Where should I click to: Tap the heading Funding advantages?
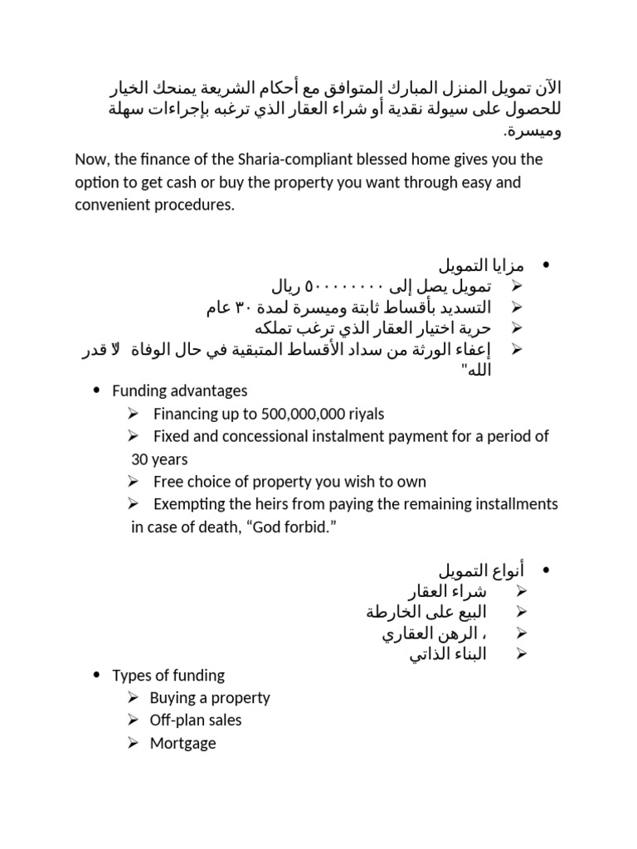pos(179,391)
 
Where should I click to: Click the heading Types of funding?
pos(168,676)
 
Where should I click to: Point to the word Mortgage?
pos(182,744)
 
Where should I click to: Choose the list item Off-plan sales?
pos(196,720)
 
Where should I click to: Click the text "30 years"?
pos(159,459)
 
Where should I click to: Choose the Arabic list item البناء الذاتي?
pos(449,655)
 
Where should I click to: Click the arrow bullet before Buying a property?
pos(134,698)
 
